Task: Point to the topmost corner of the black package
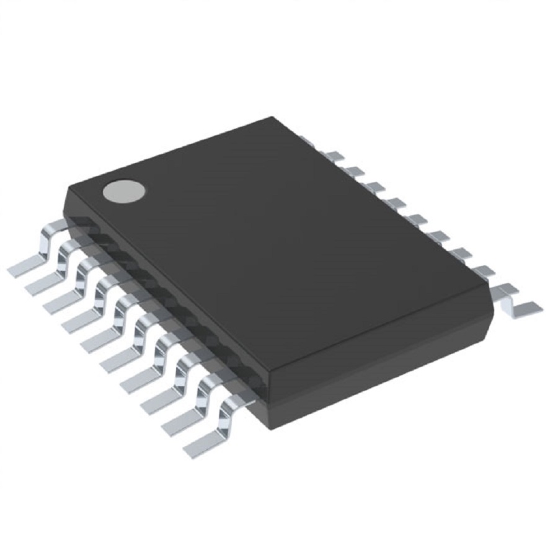click(272, 117)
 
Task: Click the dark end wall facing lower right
click(384, 366)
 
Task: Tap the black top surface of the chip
click(279, 248)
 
